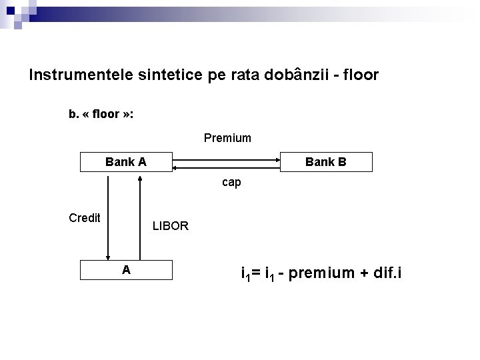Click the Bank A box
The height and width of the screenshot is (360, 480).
click(126, 162)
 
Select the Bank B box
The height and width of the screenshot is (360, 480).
click(326, 162)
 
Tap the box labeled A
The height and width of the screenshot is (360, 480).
click(126, 269)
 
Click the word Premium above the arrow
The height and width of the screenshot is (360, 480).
click(227, 138)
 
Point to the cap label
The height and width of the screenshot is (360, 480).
click(231, 182)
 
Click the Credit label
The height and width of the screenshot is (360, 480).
click(85, 218)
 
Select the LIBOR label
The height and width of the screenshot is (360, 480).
click(171, 226)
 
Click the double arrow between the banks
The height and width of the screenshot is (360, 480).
click(227, 160)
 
